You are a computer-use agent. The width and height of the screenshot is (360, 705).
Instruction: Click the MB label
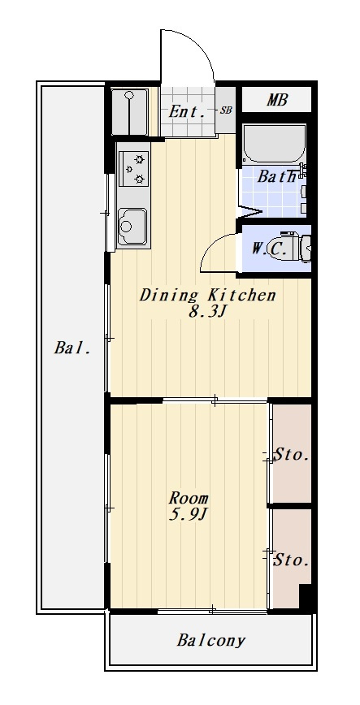277,100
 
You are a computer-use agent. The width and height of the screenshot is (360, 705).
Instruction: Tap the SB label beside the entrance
226,110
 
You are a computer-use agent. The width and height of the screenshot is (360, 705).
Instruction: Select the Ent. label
186,111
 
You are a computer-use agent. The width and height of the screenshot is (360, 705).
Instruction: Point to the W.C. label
269,249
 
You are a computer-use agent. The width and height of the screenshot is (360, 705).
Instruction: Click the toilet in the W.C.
297,246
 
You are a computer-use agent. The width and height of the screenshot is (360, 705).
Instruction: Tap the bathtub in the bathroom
274,144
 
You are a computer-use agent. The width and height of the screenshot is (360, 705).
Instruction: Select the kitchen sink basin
132,227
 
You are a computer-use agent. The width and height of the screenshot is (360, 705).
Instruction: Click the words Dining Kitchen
207,296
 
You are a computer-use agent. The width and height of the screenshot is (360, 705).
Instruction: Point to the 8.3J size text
206,312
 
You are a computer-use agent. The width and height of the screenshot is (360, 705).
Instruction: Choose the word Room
189,498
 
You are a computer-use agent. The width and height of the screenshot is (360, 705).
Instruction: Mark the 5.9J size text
187,514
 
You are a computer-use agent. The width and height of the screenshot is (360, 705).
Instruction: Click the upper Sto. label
292,455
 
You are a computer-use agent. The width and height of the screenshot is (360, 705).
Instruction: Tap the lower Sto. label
292,560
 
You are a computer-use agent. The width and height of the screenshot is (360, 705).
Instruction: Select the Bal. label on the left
73,348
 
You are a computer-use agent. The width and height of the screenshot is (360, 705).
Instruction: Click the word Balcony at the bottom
211,640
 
